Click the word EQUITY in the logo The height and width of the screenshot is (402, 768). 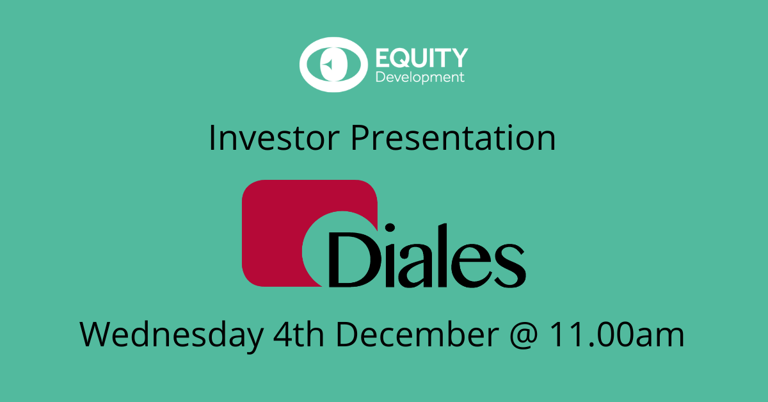(x=422, y=58)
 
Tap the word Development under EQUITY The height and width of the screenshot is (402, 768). (x=420, y=77)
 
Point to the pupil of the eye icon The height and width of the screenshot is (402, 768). (x=333, y=65)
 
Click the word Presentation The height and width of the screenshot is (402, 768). (x=453, y=138)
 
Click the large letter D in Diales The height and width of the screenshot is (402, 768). (x=354, y=260)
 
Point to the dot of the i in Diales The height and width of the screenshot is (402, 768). (x=390, y=229)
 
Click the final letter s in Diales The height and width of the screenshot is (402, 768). (x=509, y=265)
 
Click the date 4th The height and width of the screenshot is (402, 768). (x=299, y=334)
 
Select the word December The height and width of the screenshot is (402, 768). (x=417, y=334)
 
